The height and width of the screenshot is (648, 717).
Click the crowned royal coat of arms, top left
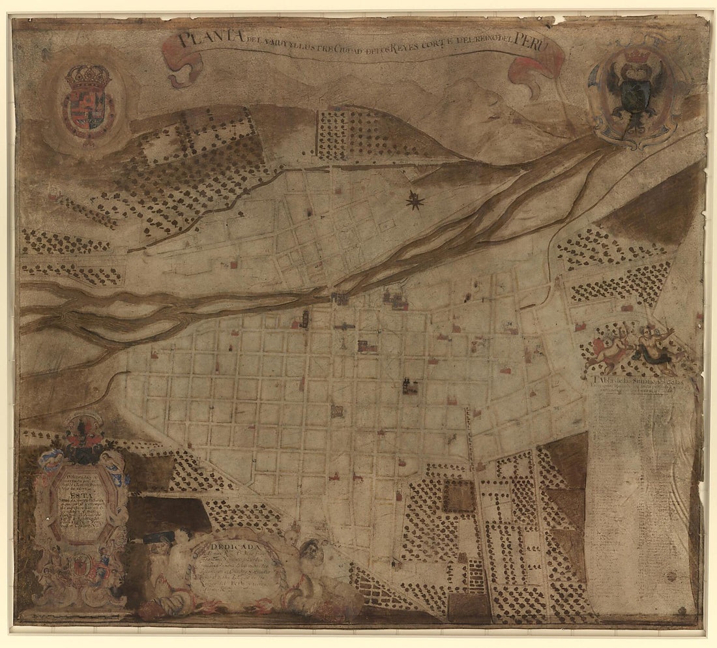pos(87,101)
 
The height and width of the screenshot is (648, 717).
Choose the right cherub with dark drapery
pos(655,346)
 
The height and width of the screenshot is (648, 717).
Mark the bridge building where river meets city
pos(340,298)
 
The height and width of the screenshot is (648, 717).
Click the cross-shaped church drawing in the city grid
pos(344,326)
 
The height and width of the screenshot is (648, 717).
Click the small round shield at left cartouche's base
pos(81,567)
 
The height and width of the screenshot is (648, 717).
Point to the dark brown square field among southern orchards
pos(460,497)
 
